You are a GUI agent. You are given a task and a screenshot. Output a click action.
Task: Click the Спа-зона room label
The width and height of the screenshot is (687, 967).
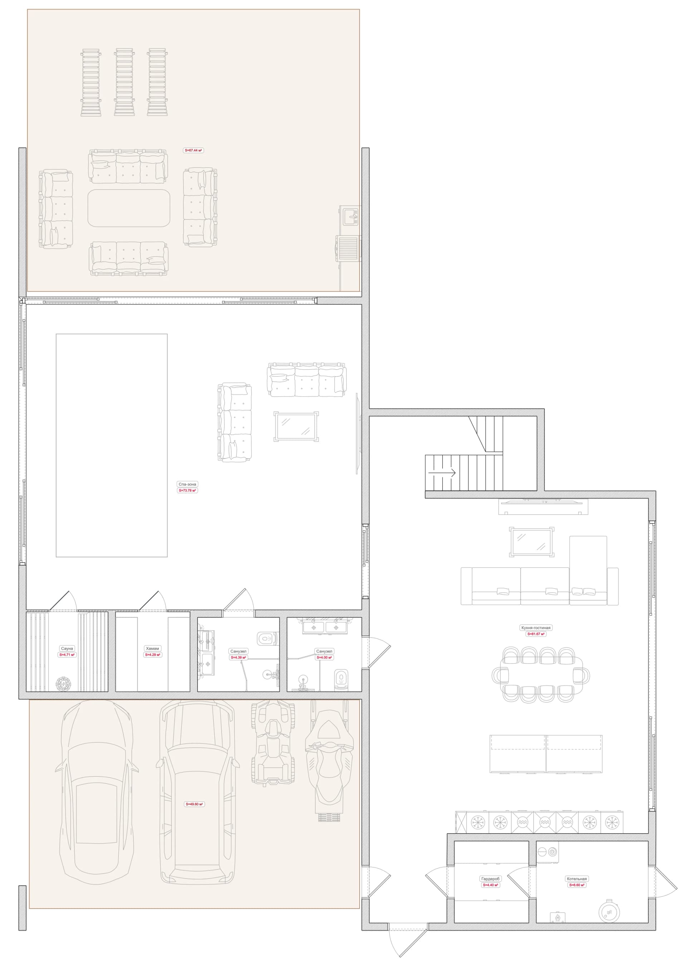[187, 484]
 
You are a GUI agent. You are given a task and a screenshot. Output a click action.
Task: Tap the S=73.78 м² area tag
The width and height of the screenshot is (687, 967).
[187, 491]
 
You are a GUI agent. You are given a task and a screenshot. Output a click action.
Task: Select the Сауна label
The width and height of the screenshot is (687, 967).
[67, 648]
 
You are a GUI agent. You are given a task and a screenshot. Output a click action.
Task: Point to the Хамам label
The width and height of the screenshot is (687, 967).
[152, 648]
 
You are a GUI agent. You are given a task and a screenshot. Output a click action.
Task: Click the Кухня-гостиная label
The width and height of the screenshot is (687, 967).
[536, 627]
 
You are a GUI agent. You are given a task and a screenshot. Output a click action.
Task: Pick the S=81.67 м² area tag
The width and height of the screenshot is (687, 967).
[536, 634]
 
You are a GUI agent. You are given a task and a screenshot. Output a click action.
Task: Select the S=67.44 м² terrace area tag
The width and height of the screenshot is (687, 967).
[193, 150]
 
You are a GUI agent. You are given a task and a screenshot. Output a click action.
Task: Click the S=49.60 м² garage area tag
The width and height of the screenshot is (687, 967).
[195, 804]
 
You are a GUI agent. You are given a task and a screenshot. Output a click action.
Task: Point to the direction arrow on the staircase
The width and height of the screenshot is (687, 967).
[442, 472]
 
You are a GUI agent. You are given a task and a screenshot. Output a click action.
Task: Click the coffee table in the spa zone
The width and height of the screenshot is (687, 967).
[296, 426]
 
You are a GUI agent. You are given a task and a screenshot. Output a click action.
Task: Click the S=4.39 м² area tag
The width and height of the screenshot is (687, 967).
[238, 658]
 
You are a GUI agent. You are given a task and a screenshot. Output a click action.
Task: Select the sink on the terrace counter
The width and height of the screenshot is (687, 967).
[350, 216]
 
